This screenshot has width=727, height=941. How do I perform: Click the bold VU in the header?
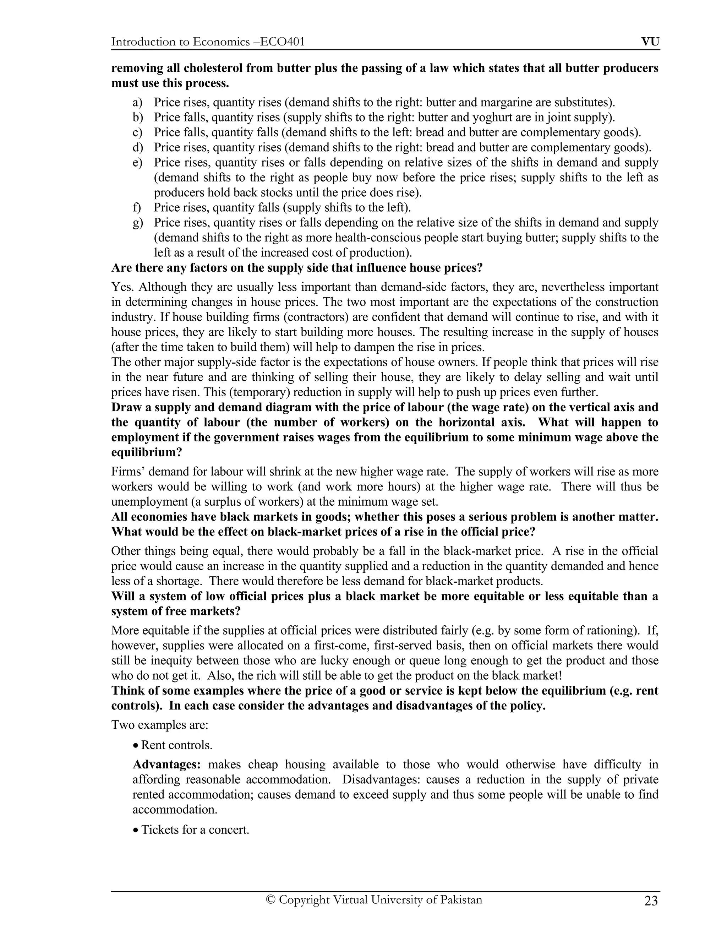coord(650,42)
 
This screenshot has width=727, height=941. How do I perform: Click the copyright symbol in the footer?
coord(270,900)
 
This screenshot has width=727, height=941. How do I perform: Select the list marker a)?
coord(137,103)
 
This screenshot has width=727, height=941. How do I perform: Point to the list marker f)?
coord(137,208)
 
